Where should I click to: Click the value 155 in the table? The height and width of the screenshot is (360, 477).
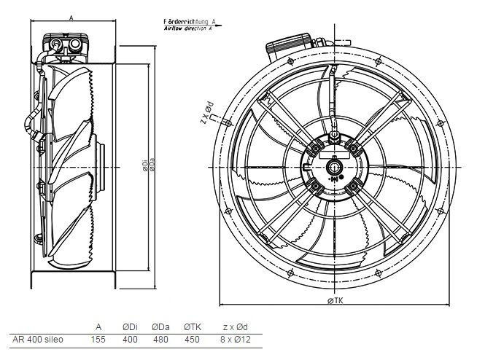pos(98,340)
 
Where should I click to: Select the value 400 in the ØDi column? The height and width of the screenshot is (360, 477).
pos(129,340)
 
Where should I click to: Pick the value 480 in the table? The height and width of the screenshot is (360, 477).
pos(160,340)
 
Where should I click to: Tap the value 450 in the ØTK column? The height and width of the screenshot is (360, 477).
pos(192,340)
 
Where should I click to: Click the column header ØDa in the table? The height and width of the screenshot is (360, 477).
pos(160,326)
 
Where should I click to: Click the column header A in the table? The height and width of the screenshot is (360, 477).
pos(98,326)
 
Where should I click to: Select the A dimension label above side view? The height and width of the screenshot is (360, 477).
pos(69,15)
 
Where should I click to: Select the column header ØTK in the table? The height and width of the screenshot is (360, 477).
pos(192,326)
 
